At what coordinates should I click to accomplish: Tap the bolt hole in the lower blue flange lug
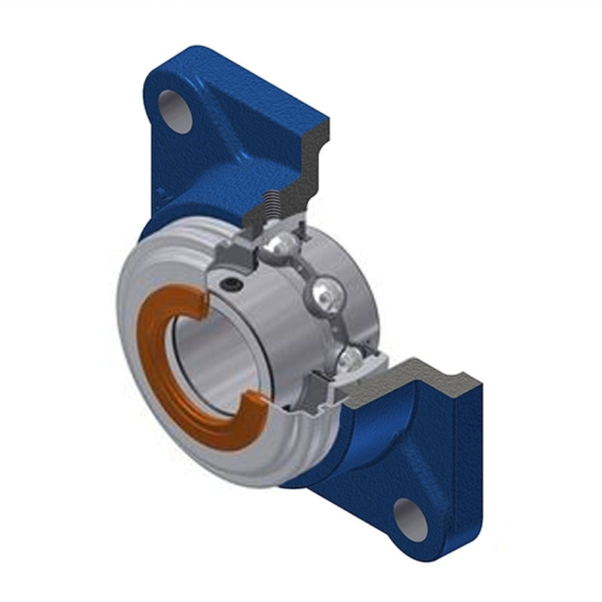411,518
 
